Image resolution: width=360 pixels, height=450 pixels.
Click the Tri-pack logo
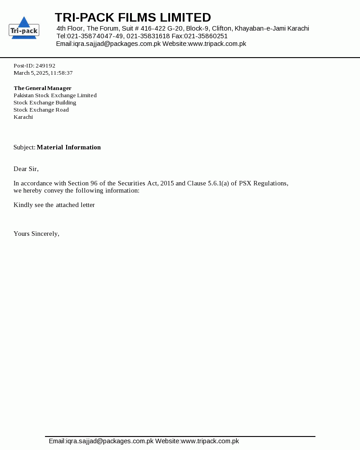coord(24,28)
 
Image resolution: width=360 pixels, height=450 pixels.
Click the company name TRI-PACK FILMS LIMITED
coord(133,18)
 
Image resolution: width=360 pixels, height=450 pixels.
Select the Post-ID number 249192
coord(45,66)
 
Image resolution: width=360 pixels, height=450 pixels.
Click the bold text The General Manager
coord(43,88)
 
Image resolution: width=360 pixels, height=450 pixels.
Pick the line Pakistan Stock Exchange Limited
coord(55,95)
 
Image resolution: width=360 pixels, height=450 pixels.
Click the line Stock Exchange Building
coord(45,103)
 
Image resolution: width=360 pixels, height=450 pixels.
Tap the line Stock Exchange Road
coord(41,110)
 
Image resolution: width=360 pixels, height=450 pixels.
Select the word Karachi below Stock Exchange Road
coord(23,117)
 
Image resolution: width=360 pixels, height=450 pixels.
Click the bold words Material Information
coord(69,147)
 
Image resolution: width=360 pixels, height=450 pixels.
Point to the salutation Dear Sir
coord(26,169)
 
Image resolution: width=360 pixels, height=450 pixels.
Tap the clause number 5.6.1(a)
coord(218,183)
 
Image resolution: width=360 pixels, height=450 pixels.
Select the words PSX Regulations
coord(264,183)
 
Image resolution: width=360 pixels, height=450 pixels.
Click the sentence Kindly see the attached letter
coord(54,205)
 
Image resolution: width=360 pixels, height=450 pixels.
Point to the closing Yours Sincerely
coord(36,234)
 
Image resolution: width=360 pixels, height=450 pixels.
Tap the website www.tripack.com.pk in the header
coord(217,44)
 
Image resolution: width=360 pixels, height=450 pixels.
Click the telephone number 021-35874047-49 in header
coord(95,36)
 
